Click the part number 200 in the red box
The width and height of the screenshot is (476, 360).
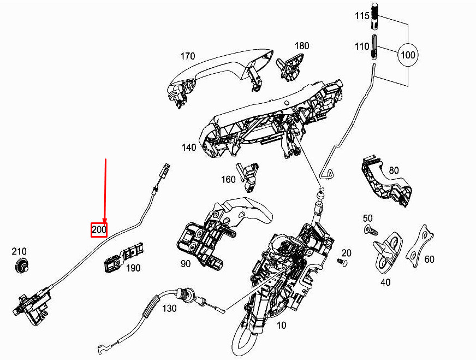click(99, 229)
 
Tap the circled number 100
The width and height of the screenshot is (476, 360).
click(408, 55)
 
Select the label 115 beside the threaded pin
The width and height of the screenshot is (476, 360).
click(362, 15)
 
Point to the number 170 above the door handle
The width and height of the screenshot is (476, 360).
click(188, 56)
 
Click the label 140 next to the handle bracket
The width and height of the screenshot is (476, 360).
click(189, 147)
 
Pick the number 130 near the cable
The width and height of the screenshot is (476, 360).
click(169, 308)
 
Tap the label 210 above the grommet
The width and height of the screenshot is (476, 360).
click(19, 251)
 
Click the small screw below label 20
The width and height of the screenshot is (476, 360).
click(343, 262)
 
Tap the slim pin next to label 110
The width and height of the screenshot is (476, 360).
click(374, 47)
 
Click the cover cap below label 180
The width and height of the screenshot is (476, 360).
click(290, 67)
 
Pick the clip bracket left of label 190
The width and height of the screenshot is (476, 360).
click(124, 257)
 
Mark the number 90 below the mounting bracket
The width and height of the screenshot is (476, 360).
click(186, 263)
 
